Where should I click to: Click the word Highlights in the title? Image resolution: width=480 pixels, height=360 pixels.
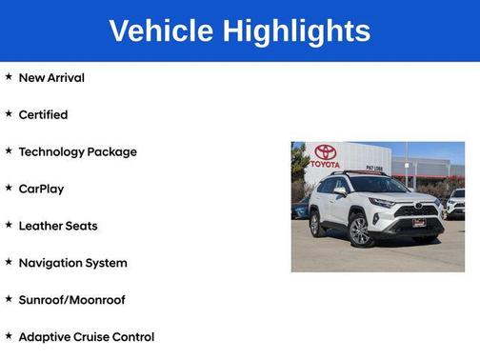pos(297,31)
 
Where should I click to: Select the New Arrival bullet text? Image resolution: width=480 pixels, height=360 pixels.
pos(51,77)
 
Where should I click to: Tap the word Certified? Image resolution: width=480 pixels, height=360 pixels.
pos(43,114)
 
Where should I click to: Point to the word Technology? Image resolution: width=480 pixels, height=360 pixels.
pos(50,151)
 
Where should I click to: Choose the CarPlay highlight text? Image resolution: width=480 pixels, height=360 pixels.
pos(41,189)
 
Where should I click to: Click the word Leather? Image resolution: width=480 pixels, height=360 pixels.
pos(39,226)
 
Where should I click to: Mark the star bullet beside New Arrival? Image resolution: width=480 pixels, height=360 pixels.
pos(9,77)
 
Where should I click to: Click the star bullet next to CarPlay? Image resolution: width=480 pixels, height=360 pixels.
pos(9,189)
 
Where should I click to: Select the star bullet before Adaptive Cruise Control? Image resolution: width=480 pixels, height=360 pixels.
pos(9,337)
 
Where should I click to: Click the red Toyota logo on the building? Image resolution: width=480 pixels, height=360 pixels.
pos(325,151)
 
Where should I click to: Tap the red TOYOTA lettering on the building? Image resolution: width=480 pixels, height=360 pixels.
pos(325,164)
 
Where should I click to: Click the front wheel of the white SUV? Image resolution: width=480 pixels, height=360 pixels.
pos(359,231)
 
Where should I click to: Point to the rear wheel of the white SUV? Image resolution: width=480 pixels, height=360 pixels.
pos(316,223)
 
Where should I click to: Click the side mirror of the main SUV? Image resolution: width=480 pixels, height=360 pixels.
pos(339,191)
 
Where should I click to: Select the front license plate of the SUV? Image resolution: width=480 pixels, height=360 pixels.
pos(419,223)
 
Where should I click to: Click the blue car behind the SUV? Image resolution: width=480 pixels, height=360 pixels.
pos(301,209)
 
